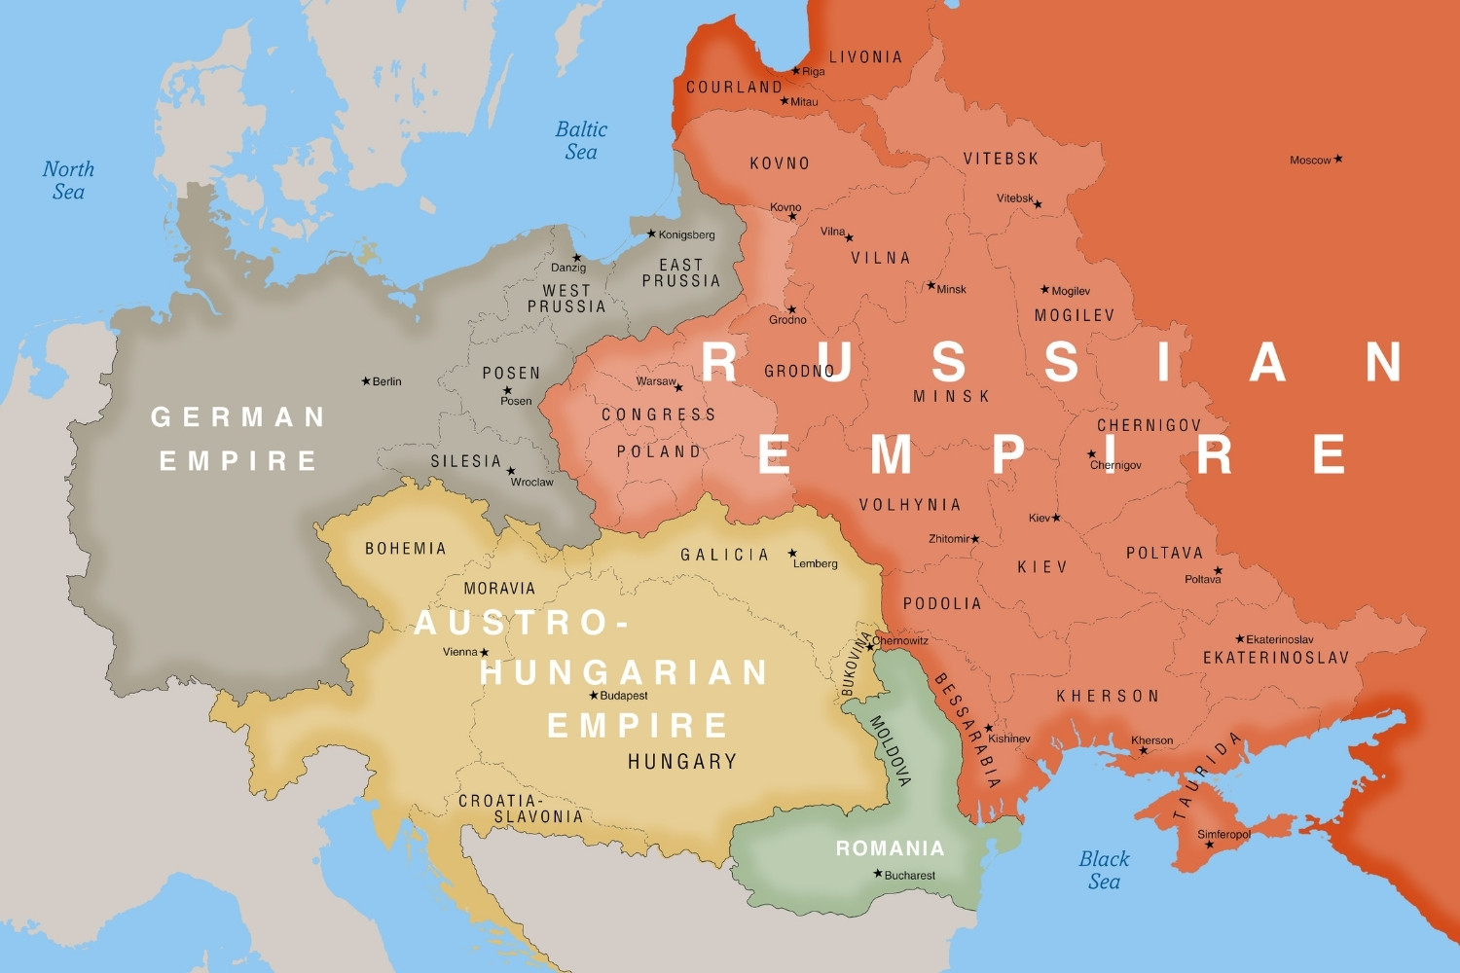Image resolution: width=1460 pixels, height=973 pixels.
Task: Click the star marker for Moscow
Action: (1338, 159)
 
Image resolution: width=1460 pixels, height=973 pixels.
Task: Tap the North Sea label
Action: (68, 180)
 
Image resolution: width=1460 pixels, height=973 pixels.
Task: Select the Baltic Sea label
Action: (581, 140)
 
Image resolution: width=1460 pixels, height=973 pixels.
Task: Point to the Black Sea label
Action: (1104, 870)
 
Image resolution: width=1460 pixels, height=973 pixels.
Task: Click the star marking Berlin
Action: (366, 381)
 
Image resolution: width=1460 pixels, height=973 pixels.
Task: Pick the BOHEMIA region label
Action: (406, 549)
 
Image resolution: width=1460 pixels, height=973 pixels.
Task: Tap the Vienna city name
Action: (459, 652)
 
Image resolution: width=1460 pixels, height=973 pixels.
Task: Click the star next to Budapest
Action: (594, 695)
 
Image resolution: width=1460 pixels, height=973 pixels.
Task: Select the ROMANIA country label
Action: (890, 848)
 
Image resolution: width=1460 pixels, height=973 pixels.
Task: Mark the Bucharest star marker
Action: (878, 874)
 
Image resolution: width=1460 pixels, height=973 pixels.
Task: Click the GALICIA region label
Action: (725, 555)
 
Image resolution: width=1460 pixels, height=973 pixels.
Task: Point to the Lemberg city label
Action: (816, 563)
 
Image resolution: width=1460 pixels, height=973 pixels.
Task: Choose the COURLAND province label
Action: (734, 88)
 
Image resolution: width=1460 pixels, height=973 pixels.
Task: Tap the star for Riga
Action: (795, 70)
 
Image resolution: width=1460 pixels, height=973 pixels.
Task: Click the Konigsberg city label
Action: (686, 234)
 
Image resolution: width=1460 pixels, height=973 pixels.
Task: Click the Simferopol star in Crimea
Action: (1210, 845)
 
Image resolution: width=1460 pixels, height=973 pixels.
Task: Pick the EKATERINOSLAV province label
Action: (1276, 658)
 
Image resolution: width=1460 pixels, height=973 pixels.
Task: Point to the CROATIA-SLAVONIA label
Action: (521, 809)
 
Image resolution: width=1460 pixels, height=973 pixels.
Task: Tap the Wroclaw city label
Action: (531, 482)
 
